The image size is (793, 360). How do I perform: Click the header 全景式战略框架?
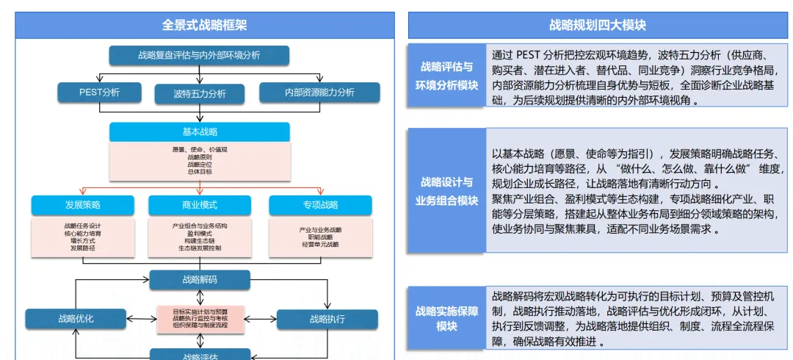204,25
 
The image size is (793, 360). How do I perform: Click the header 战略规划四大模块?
597,25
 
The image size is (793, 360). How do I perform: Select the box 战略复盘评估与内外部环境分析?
199,55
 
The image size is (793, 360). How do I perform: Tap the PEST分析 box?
99,93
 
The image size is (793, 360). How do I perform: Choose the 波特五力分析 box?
199,94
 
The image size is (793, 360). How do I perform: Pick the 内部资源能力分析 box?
319,93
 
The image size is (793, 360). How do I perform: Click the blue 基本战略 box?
199,132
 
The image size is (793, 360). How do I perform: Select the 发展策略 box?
82,204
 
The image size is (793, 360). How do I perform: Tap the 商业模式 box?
199,204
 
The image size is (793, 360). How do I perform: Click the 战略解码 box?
199,279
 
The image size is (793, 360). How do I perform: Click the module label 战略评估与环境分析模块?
446,76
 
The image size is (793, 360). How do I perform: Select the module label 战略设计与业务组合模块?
446,190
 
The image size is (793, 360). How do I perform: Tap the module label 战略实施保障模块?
446,318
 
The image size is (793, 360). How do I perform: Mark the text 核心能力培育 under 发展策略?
82,233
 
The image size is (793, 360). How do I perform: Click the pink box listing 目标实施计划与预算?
199,318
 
